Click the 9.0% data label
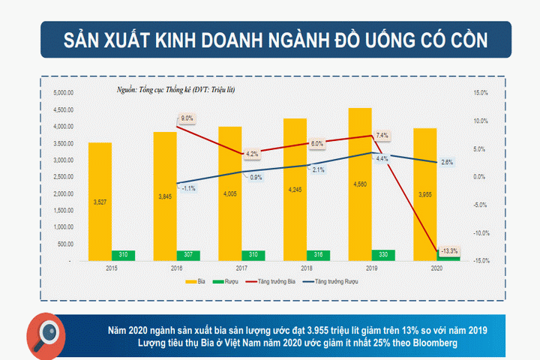tap(187, 118)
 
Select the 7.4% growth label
tap(382, 136)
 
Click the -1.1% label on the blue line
tap(188, 188)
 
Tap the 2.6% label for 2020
tap(446, 163)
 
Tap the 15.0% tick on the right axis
tap(481, 93)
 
